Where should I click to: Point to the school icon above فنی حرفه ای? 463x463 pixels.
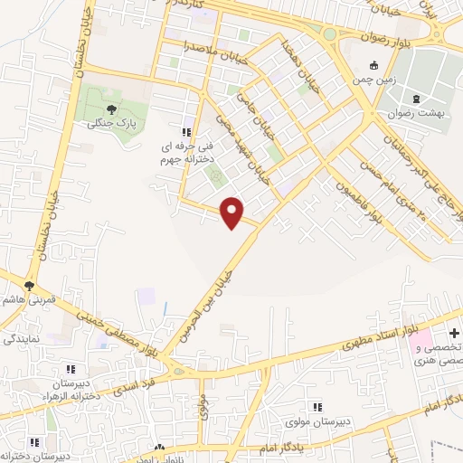tap(186, 132)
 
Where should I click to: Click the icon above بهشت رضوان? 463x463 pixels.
tap(416, 99)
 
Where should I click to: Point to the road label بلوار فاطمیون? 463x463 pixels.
tap(357, 195)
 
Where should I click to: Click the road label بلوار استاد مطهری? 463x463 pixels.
tap(380, 333)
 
